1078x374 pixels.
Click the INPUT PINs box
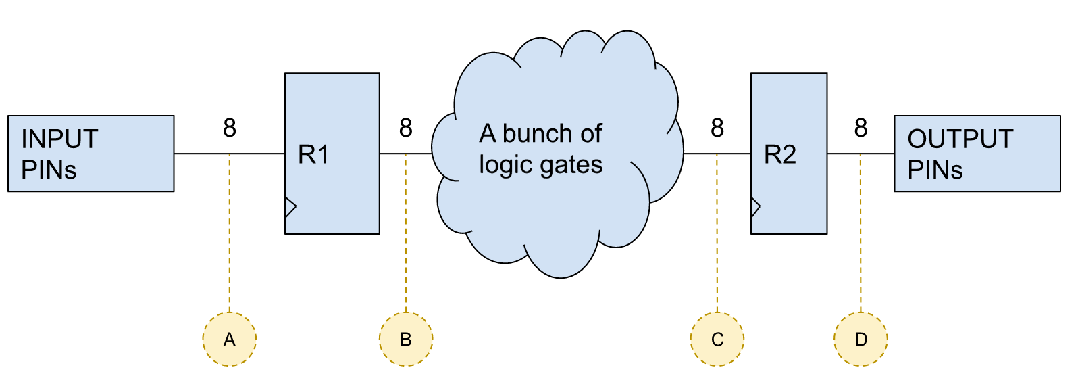click(91, 154)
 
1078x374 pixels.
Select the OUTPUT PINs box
click(977, 154)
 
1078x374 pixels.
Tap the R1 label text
click(313, 155)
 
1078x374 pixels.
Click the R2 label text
click(779, 155)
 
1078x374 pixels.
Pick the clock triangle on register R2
click(755, 207)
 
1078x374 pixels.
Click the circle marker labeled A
click(230, 339)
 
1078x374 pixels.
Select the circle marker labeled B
click(406, 339)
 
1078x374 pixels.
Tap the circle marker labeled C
click(717, 339)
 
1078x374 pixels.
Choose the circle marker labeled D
click(861, 339)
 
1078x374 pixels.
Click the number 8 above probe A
click(230, 128)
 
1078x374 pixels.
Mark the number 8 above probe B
click(406, 128)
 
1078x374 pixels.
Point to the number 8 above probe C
click(717, 128)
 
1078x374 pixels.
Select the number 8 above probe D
click(861, 128)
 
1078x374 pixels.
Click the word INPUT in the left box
click(59, 139)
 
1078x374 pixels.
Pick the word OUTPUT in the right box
click(960, 139)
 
